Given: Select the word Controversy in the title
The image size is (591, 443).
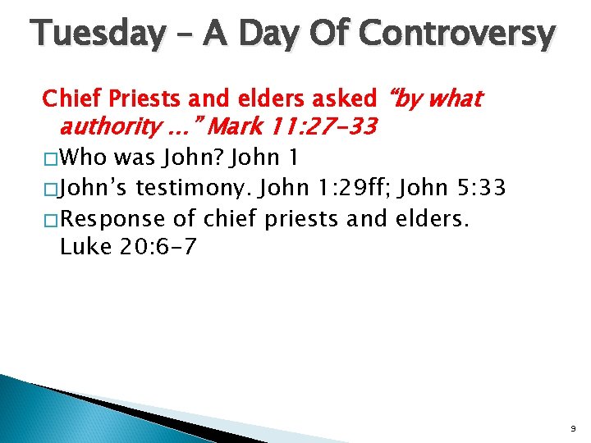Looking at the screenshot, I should point(457,34).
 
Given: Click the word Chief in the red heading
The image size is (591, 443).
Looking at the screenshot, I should point(70,99).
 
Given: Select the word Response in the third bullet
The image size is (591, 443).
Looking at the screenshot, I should point(117,220).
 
